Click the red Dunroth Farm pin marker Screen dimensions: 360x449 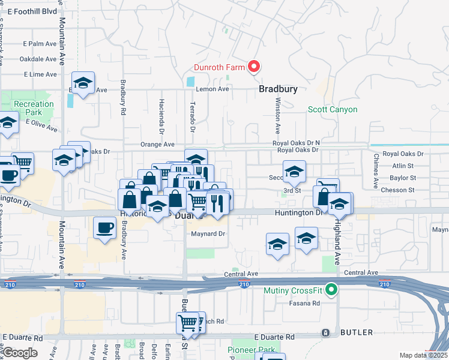(x=253, y=67)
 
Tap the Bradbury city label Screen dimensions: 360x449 (x=278, y=89)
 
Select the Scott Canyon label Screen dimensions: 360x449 (x=333, y=109)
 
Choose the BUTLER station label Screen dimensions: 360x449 (x=356, y=332)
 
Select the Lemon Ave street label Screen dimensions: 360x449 (x=212, y=89)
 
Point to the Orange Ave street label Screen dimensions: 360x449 (x=157, y=145)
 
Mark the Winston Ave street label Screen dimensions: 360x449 (x=277, y=117)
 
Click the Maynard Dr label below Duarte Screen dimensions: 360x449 (x=208, y=233)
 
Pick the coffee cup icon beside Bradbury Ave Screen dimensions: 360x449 (x=105, y=229)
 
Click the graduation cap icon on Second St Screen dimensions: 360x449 (x=294, y=172)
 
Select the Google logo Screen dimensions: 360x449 (x=20, y=353)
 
